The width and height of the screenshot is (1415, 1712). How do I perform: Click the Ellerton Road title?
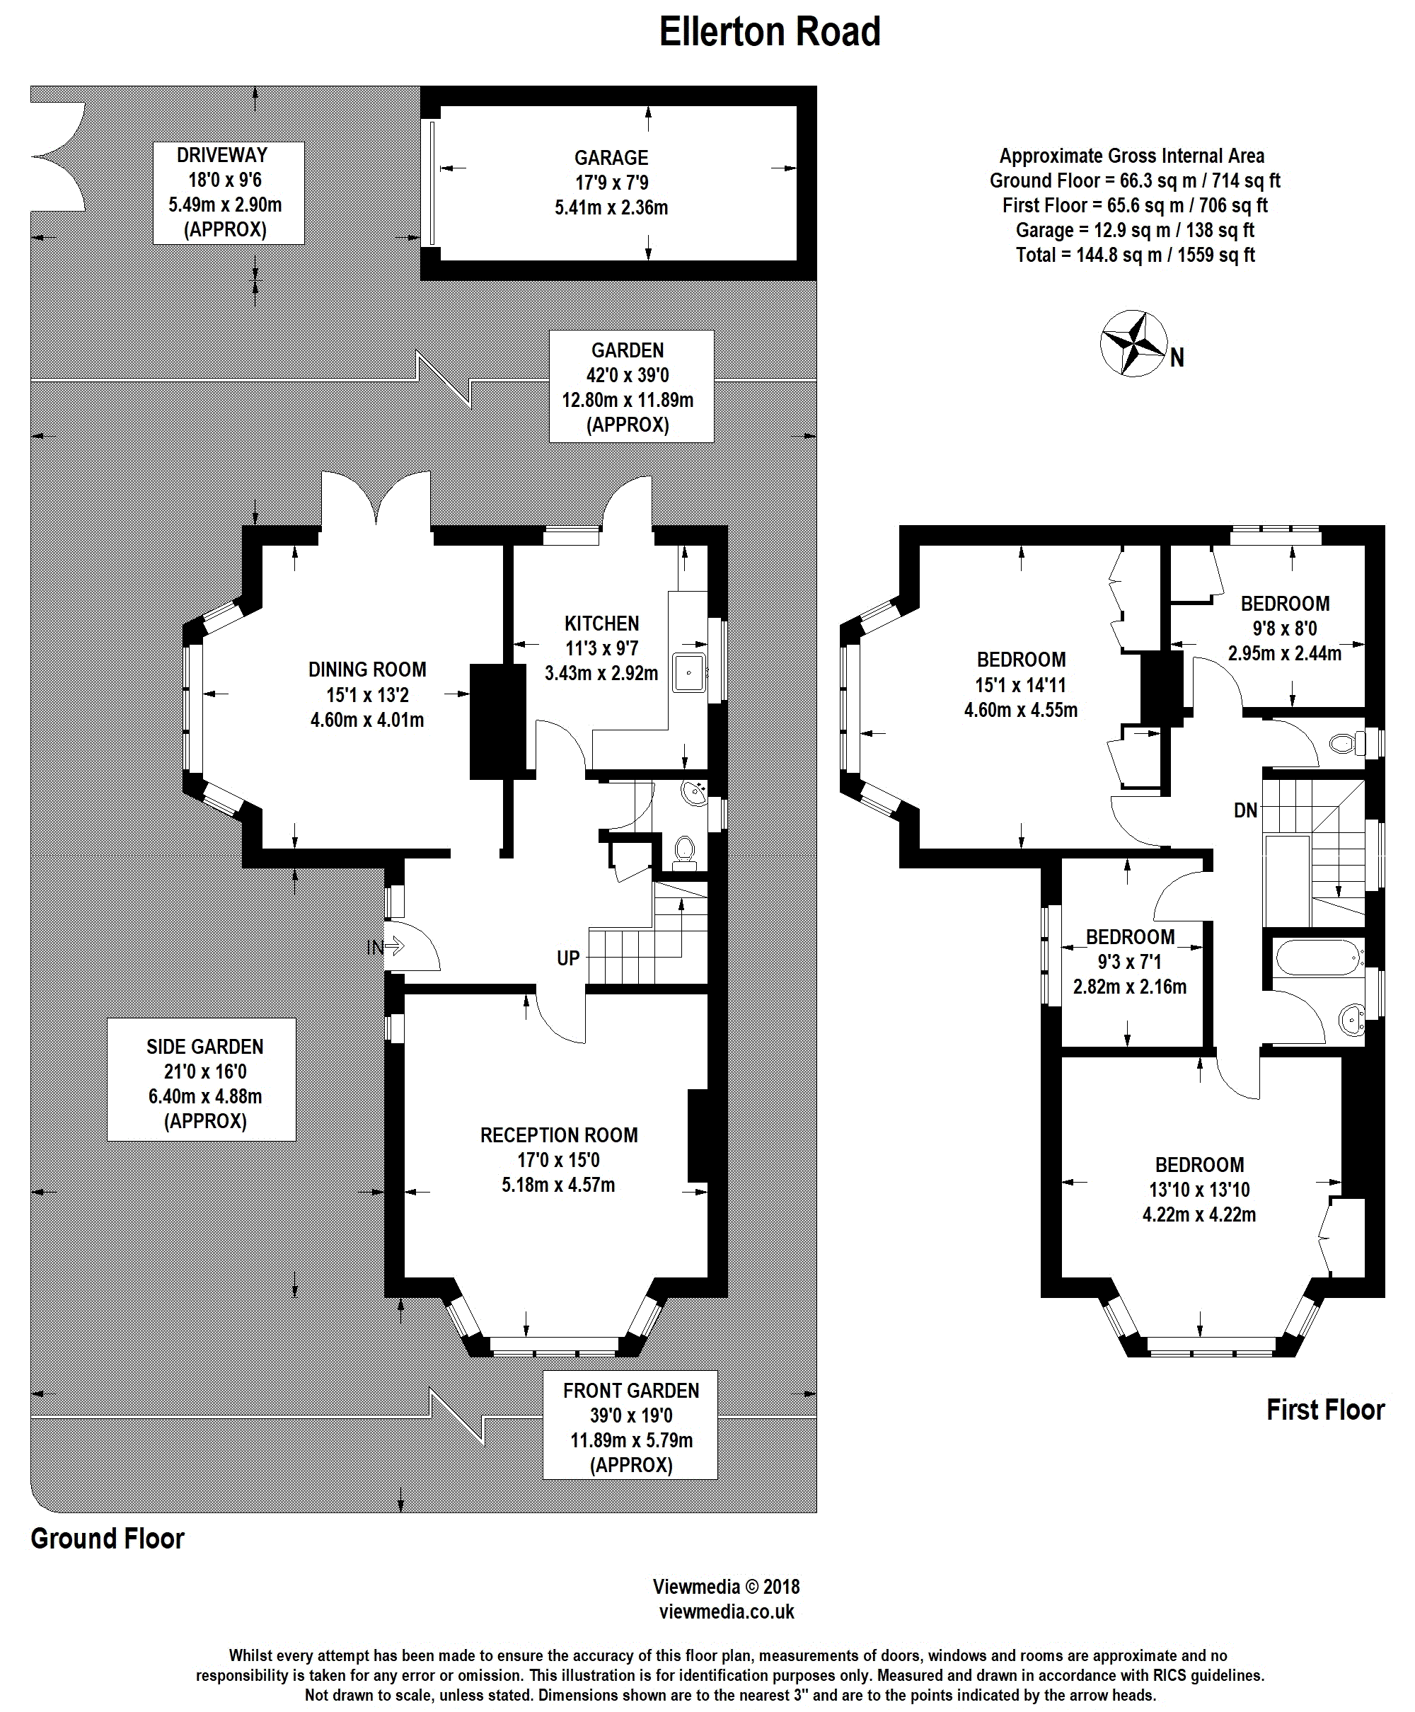pyautogui.click(x=770, y=33)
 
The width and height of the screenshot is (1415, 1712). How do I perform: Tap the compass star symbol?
pyautogui.click(x=1133, y=343)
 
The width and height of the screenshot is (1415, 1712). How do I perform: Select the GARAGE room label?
pyautogui.click(x=611, y=157)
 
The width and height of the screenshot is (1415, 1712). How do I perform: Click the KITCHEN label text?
pyautogui.click(x=601, y=624)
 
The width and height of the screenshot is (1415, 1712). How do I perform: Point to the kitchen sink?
pyautogui.click(x=690, y=672)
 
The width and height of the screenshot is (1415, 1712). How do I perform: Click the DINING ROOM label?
pyautogui.click(x=366, y=670)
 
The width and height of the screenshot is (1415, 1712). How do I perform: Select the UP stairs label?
pyautogui.click(x=568, y=958)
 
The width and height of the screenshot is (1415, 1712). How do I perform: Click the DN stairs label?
pyautogui.click(x=1245, y=811)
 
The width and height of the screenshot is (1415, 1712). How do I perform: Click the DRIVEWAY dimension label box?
pyautogui.click(x=229, y=193)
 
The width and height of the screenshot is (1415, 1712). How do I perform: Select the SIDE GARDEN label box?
pyautogui.click(x=202, y=1079)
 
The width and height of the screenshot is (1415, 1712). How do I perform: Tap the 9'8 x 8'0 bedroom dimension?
pyautogui.click(x=1285, y=628)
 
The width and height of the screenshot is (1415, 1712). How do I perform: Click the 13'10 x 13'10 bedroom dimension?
pyautogui.click(x=1199, y=1190)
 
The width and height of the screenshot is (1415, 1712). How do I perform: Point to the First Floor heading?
pyautogui.click(x=1325, y=1410)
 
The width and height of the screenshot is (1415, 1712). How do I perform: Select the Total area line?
pyautogui.click(x=1135, y=255)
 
